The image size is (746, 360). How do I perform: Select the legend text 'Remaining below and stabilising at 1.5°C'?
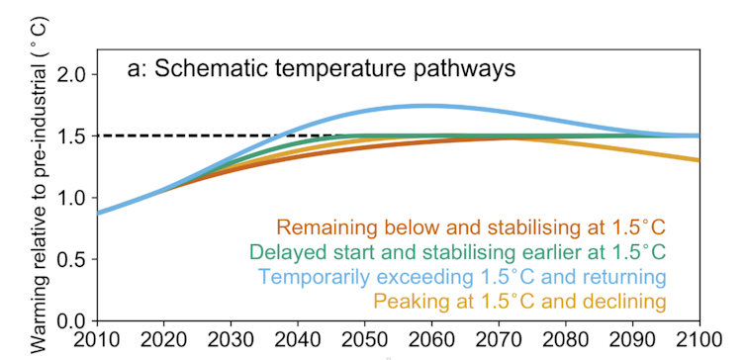tap(471, 226)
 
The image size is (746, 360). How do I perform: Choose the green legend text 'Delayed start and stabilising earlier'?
tap(457, 251)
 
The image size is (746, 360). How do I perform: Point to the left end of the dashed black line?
tap(99, 135)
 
